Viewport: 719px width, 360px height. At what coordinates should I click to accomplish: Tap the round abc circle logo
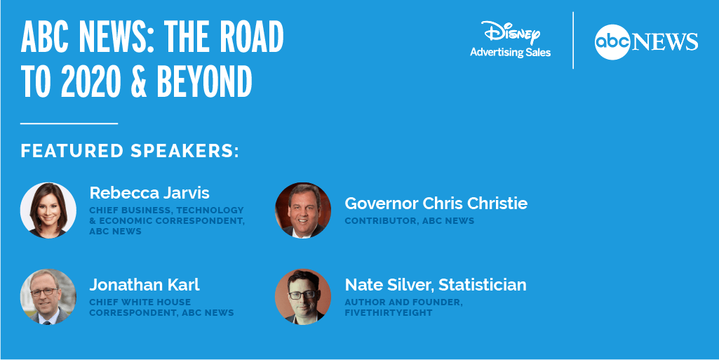pos(612,42)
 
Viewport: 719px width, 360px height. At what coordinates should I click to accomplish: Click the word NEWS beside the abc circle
pos(665,42)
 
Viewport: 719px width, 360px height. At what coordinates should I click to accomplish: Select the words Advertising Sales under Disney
pos(511,52)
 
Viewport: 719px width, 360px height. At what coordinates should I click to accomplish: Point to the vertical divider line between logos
pos(573,41)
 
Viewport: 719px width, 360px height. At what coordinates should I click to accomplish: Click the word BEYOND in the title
pos(205,81)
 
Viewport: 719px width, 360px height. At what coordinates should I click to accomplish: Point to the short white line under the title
pos(69,124)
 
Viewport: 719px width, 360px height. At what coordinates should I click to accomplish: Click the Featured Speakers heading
pos(130,151)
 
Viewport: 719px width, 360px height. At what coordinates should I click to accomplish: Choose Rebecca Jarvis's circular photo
pos(48,211)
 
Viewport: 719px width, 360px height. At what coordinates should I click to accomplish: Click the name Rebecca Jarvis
pos(149,192)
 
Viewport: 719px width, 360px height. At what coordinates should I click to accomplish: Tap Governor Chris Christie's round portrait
pos(303,211)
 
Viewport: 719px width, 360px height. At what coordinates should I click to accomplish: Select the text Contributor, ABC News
pos(410,220)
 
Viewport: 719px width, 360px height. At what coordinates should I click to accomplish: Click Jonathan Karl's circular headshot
pos(48,297)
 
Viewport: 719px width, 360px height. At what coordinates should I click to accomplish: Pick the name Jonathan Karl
pos(145,285)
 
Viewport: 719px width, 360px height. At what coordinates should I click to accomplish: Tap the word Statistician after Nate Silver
pos(483,285)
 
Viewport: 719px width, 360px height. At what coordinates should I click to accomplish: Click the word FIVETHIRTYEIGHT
pos(389,313)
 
